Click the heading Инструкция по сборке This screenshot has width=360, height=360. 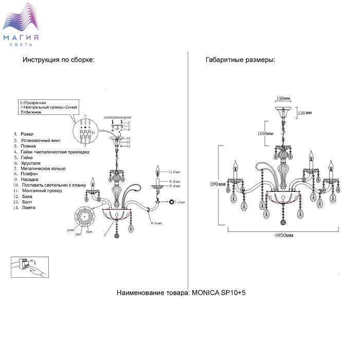point(58,60)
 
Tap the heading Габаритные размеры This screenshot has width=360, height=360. point(240,60)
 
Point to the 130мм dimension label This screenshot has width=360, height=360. point(305,113)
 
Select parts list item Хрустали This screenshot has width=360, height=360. point(28,163)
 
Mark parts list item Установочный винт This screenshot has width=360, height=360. point(41,140)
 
